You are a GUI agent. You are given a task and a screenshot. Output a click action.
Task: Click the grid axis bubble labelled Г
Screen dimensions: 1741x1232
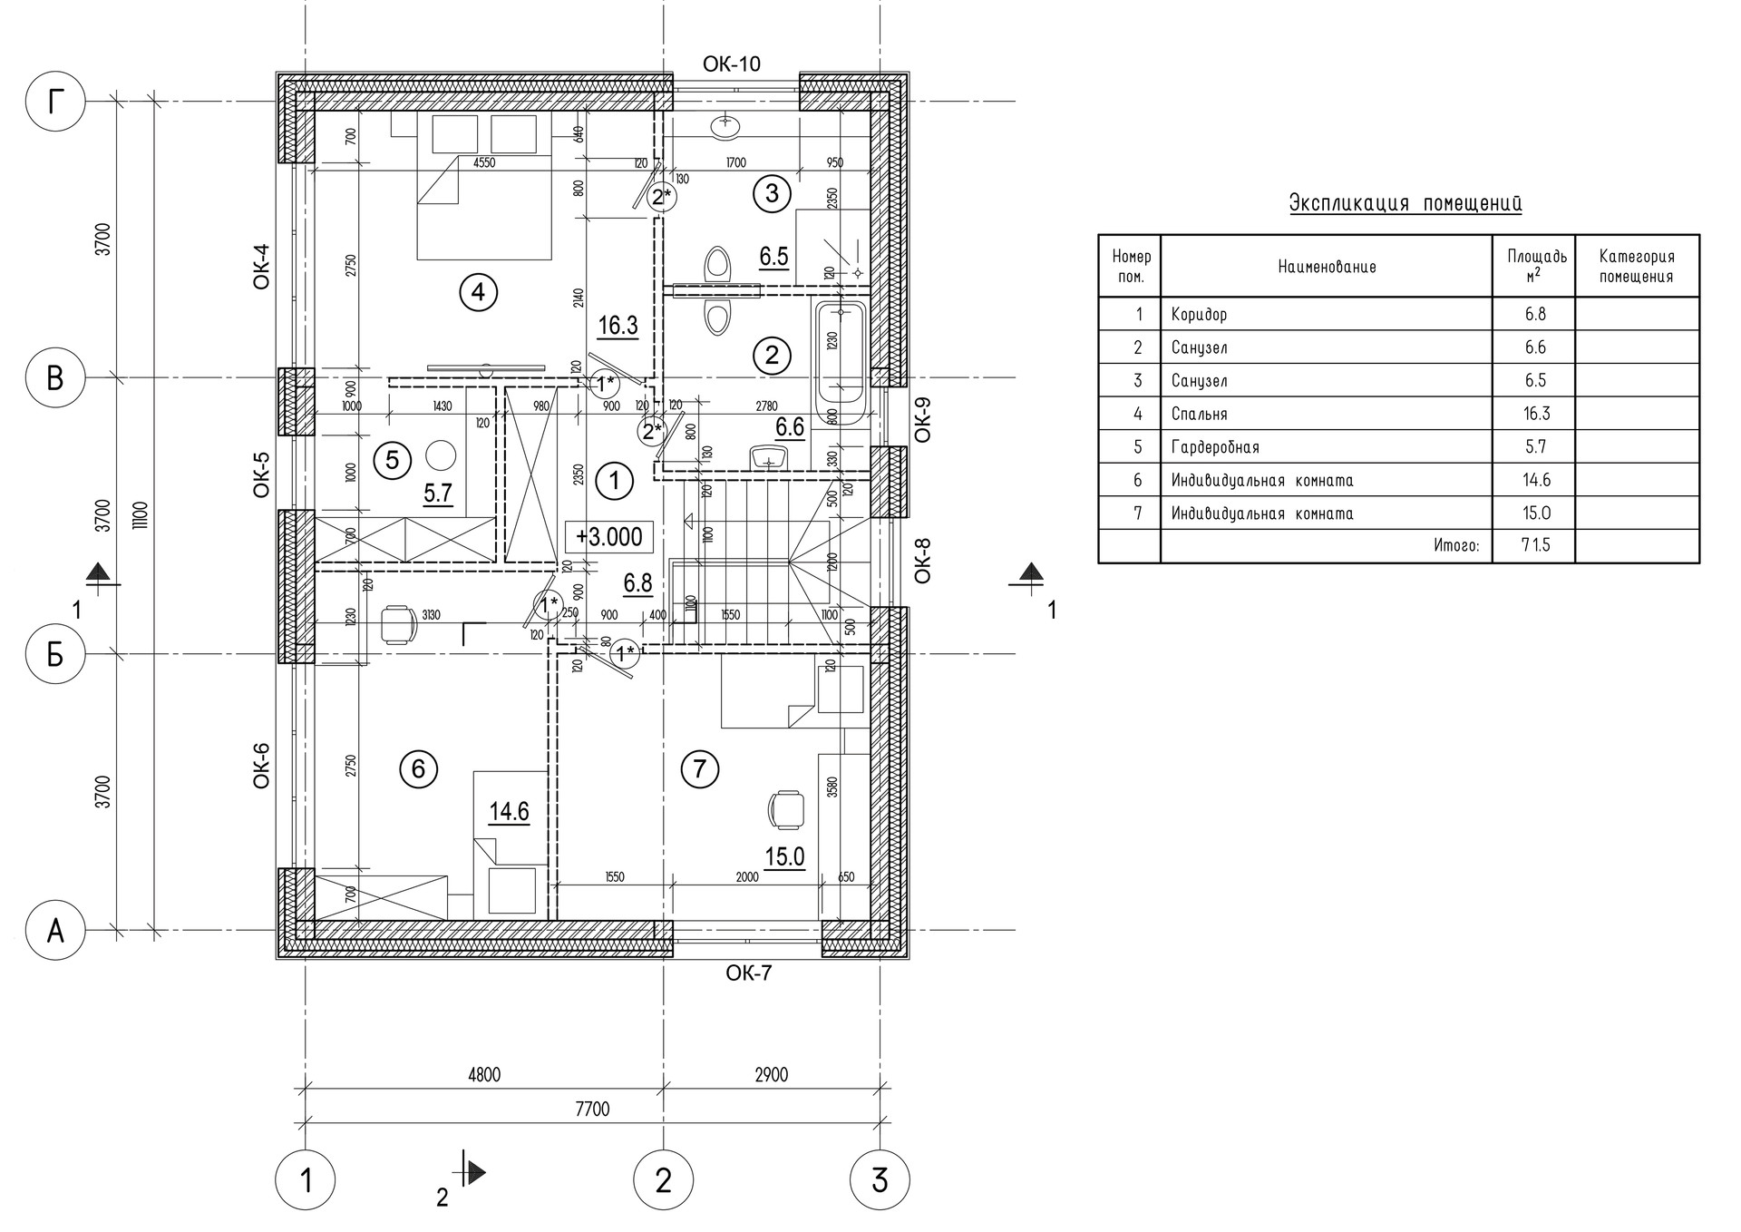coord(55,102)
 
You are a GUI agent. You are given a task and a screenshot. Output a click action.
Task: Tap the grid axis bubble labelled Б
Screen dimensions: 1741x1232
coord(55,653)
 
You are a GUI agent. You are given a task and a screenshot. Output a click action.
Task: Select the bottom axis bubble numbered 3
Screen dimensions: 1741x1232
coord(880,1180)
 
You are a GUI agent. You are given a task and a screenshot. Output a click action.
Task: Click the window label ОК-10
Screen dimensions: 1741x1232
coord(732,64)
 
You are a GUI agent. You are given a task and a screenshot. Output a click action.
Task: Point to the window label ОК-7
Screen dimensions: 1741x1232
coord(749,973)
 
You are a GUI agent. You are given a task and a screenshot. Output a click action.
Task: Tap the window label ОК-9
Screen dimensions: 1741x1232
coord(923,419)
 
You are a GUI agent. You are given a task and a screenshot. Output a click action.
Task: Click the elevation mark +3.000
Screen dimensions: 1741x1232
coord(609,536)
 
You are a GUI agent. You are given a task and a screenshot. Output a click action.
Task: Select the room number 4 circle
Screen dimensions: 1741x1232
coord(479,292)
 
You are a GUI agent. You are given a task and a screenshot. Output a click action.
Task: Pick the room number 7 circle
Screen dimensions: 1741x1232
coord(699,770)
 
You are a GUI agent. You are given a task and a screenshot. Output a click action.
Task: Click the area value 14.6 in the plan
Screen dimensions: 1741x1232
coord(509,811)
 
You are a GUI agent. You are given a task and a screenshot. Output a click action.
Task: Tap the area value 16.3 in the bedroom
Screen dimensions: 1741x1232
coord(618,326)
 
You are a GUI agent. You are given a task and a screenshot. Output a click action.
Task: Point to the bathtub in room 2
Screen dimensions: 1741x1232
coord(841,363)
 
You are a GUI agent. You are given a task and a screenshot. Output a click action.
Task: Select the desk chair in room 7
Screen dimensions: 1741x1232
coord(785,809)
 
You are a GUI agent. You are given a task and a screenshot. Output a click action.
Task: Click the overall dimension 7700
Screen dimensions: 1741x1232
coord(592,1109)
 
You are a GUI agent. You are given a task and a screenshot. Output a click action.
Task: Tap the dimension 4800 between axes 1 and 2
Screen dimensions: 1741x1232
coord(483,1075)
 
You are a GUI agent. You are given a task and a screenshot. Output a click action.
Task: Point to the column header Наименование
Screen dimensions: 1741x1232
coord(1327,267)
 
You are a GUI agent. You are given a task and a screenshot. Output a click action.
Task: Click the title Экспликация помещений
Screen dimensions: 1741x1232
coord(1405,203)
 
